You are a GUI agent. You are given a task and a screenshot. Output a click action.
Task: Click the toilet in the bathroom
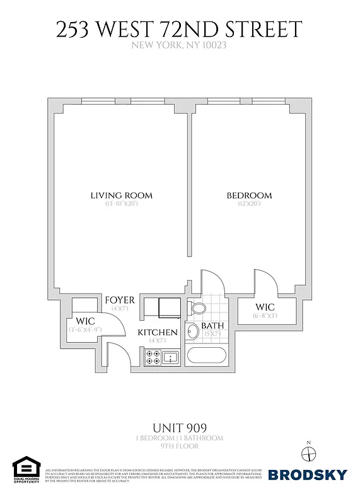(x=197, y=309)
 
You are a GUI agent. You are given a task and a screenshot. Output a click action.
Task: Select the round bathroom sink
(x=193, y=333)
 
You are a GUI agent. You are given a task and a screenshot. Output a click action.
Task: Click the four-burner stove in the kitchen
(x=153, y=357)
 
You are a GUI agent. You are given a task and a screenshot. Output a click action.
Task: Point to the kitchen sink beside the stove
(x=171, y=358)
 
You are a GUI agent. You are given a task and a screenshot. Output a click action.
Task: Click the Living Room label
(x=121, y=195)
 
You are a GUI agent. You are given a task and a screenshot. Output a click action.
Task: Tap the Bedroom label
(x=249, y=195)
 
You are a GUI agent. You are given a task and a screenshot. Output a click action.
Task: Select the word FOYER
(x=120, y=299)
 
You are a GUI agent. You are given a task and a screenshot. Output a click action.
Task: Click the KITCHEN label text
(x=158, y=332)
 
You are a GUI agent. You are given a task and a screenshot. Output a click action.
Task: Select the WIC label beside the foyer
(x=85, y=321)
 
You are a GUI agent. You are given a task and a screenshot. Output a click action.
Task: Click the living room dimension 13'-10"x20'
(x=121, y=204)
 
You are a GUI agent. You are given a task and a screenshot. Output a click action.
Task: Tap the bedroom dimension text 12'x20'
(x=249, y=204)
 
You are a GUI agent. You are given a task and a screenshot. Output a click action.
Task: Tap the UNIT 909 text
(x=180, y=428)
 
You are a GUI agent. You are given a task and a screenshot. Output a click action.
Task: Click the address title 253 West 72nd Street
(x=180, y=29)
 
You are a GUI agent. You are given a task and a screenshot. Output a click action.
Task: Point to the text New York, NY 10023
(x=180, y=45)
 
